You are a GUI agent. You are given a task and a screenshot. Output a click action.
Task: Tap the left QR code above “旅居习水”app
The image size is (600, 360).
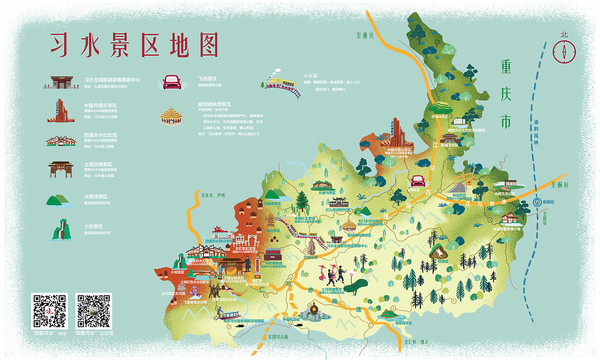[49, 311]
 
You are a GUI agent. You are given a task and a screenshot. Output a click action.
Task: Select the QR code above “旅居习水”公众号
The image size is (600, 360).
[94, 311]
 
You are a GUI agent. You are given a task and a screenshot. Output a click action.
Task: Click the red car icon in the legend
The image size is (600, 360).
[172, 82]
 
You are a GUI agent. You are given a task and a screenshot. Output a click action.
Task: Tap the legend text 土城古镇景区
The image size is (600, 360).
[98, 165]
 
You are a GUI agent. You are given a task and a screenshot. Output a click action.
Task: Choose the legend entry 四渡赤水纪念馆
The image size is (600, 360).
[100, 135]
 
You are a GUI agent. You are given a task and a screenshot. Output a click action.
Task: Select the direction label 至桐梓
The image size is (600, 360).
[560, 185]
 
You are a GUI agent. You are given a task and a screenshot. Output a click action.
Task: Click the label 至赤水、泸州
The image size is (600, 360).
[213, 195]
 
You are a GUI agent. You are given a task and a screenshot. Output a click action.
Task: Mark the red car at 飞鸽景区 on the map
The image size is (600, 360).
[417, 181]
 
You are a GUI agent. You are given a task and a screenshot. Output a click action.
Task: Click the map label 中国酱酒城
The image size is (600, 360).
[291, 319]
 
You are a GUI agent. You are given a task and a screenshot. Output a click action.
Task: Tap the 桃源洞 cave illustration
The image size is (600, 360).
[439, 253]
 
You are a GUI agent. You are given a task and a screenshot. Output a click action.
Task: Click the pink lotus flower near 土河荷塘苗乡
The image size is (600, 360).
[351, 274]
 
